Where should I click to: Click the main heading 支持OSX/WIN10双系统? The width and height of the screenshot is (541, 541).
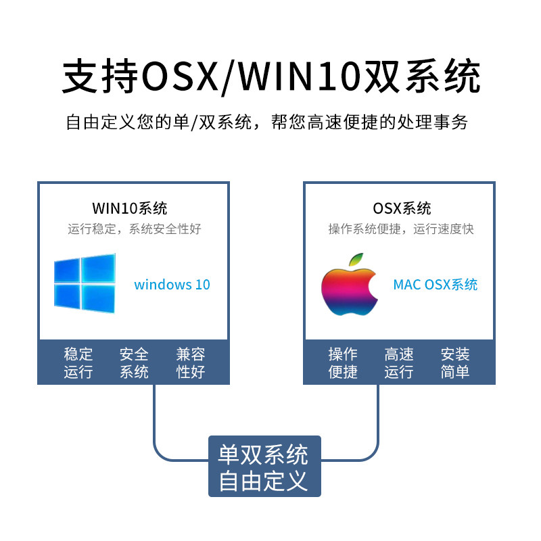pos(270,77)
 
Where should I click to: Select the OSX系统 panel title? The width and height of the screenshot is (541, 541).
pos(402,208)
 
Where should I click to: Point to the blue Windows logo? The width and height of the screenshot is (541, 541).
pos(85,283)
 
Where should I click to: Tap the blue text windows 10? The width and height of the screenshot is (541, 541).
pos(172,285)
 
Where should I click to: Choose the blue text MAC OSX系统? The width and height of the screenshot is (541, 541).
pos(436,285)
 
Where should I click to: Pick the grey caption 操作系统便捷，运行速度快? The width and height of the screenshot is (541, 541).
pos(401,229)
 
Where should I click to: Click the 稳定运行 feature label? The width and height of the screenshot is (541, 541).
pos(78,363)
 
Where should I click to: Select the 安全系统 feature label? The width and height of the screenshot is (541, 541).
pos(134,363)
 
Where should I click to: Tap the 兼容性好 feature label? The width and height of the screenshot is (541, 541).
pos(190,363)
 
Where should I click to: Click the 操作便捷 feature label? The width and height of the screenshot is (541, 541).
pos(343,363)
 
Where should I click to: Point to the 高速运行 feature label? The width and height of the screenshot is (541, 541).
pos(399,363)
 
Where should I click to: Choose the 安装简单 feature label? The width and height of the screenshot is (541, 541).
pos(455,363)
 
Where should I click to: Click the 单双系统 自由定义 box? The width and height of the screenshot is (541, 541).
pos(264,467)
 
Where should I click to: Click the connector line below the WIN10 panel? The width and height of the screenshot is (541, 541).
pos(155,419)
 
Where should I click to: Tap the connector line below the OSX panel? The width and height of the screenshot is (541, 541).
pos(377,419)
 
